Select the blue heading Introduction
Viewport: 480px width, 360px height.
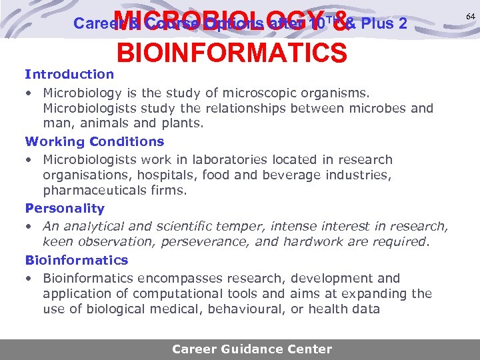[69, 74]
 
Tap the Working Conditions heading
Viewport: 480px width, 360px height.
[94, 141]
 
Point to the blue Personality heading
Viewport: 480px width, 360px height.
[65, 208]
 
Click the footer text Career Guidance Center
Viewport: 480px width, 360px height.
[251, 349]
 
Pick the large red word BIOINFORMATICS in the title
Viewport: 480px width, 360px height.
[231, 53]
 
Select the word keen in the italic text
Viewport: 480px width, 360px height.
[56, 242]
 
